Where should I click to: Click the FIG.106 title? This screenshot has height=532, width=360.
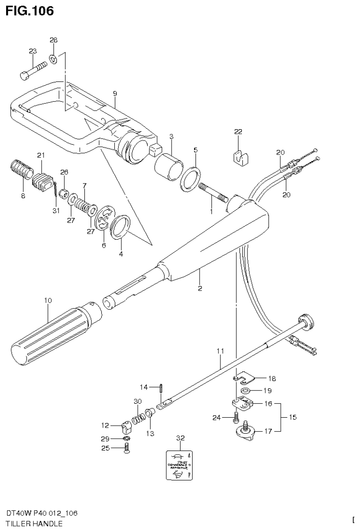(x=30, y=10)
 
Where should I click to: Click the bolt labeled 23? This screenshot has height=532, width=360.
(x=34, y=69)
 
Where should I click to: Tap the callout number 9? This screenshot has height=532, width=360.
(x=114, y=94)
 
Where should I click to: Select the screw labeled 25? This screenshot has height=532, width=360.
(x=127, y=450)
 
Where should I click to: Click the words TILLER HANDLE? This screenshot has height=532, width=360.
(x=34, y=523)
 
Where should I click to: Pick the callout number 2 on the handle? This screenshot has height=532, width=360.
(x=200, y=288)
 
